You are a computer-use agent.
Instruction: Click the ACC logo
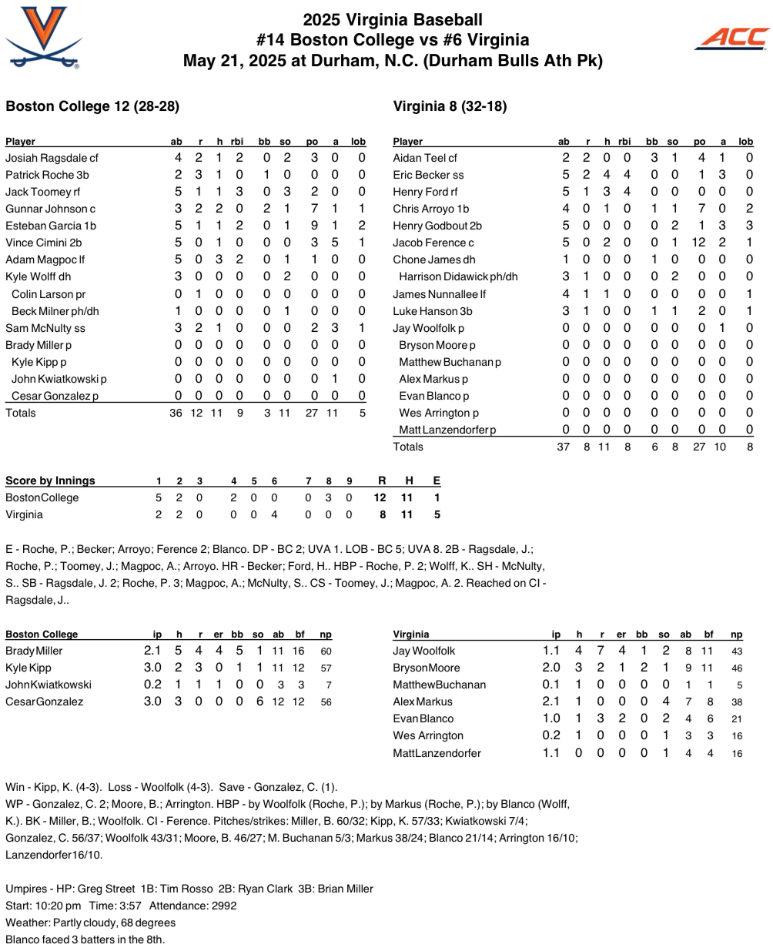click(x=731, y=38)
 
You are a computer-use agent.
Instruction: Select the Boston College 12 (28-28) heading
click(x=92, y=106)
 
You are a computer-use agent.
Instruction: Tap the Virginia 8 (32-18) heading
click(x=450, y=106)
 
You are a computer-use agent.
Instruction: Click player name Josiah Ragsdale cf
click(x=52, y=158)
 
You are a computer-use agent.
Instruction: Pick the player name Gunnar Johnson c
click(x=50, y=209)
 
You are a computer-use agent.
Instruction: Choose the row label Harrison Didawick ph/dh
click(x=458, y=276)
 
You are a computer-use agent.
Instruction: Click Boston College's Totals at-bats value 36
click(x=176, y=413)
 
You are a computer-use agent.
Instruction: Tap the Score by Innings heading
click(x=50, y=481)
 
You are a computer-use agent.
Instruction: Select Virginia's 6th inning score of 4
click(x=274, y=514)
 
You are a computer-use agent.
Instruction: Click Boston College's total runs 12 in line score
click(x=380, y=497)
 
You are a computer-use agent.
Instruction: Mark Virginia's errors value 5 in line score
click(x=437, y=514)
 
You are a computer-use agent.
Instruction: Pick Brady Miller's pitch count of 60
click(x=326, y=651)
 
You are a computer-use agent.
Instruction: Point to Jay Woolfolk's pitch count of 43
click(x=737, y=651)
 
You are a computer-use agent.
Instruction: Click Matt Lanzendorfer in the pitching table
click(x=437, y=753)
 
